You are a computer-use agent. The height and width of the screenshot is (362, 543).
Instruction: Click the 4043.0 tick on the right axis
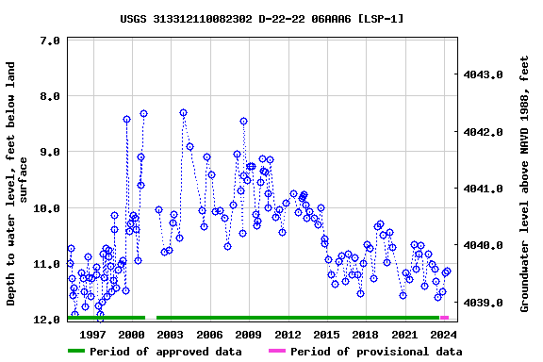click(483, 74)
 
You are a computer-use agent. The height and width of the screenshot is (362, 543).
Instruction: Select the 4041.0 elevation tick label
click(483, 189)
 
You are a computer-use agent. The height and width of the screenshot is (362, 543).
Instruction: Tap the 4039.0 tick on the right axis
click(483, 304)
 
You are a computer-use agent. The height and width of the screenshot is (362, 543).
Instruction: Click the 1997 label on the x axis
click(92, 335)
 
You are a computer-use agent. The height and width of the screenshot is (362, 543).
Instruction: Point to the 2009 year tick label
click(248, 335)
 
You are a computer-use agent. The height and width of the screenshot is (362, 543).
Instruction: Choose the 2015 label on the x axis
click(326, 335)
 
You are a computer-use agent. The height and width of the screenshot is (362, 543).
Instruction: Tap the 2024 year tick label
click(443, 335)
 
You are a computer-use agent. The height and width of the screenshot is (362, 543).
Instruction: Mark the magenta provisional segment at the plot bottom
click(444, 318)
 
